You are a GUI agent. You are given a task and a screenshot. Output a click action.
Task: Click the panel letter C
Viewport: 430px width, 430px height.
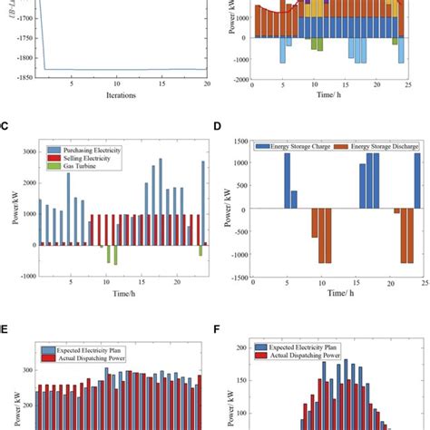pos(5,128)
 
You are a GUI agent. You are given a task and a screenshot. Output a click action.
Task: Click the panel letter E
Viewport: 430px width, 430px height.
pos(5,332)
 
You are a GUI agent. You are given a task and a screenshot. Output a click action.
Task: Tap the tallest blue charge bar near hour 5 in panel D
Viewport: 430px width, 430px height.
pos(287,182)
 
